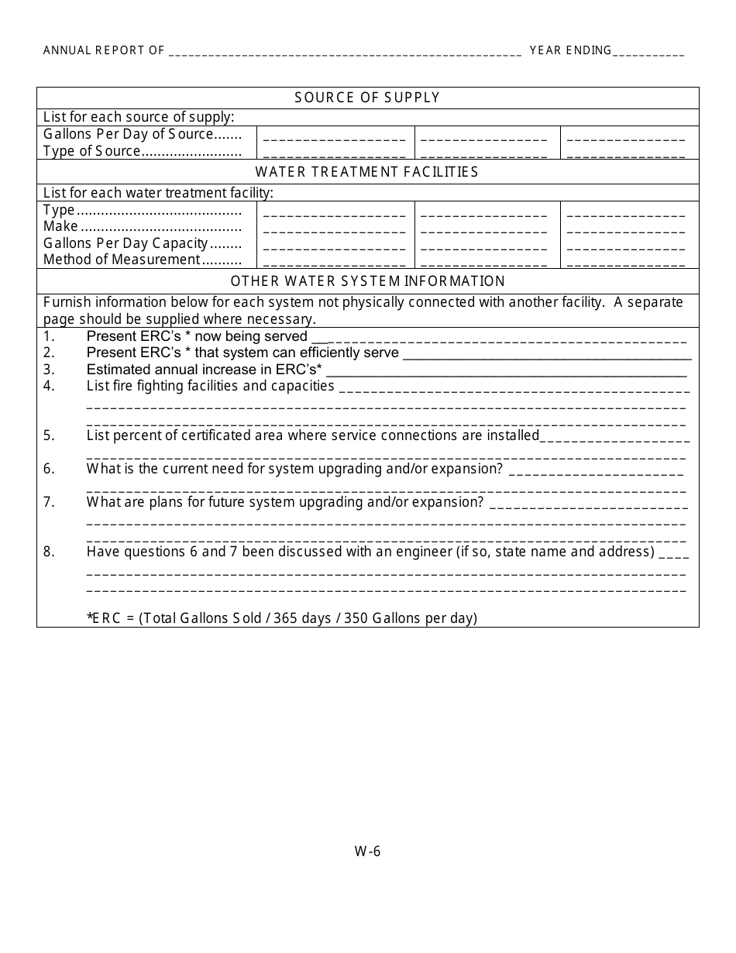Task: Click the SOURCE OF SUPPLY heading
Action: tap(367, 98)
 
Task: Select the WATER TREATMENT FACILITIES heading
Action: tap(367, 172)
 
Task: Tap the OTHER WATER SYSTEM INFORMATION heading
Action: tap(367, 281)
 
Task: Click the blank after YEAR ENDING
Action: tap(648, 52)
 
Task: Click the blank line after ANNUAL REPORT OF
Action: tap(345, 52)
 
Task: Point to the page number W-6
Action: tap(367, 852)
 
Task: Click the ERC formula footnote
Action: tap(282, 618)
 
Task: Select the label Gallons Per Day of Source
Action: tap(128, 134)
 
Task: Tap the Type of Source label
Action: tap(92, 151)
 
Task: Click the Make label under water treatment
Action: tap(60, 226)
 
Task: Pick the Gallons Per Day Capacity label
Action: tap(126, 243)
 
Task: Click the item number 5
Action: tap(49, 435)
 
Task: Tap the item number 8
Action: tap(49, 552)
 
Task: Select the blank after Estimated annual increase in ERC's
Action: tap(505, 371)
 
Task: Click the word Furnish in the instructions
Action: tap(67, 303)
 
